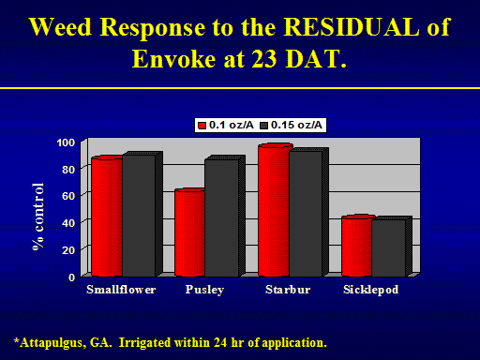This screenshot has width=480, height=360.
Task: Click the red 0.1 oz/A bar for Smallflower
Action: [x=107, y=217]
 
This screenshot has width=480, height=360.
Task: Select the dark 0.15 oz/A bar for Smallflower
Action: [x=142, y=215]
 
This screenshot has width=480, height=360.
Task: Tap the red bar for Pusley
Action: [x=189, y=232]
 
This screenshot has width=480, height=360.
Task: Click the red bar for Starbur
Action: [x=274, y=210]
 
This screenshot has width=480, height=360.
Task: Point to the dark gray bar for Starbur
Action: [x=308, y=213]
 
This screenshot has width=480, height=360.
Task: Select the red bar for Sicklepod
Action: [x=356, y=246]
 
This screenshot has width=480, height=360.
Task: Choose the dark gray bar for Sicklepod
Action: [x=392, y=247]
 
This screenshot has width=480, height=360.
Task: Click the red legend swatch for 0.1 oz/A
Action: [x=202, y=126]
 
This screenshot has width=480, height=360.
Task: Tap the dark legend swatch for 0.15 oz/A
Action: [x=264, y=126]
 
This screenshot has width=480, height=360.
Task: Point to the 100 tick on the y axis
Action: [x=66, y=142]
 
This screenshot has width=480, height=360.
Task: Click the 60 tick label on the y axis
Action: [x=68, y=196]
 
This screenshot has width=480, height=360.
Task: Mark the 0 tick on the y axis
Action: [x=72, y=277]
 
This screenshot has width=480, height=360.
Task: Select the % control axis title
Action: [x=38, y=217]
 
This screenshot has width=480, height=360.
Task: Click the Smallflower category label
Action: [x=121, y=290]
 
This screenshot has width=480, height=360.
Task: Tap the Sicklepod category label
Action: [x=370, y=290]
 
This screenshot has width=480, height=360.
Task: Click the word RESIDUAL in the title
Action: [x=352, y=27]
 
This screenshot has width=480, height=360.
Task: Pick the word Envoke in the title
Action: [x=174, y=58]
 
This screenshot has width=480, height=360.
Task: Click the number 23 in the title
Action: [x=264, y=58]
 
